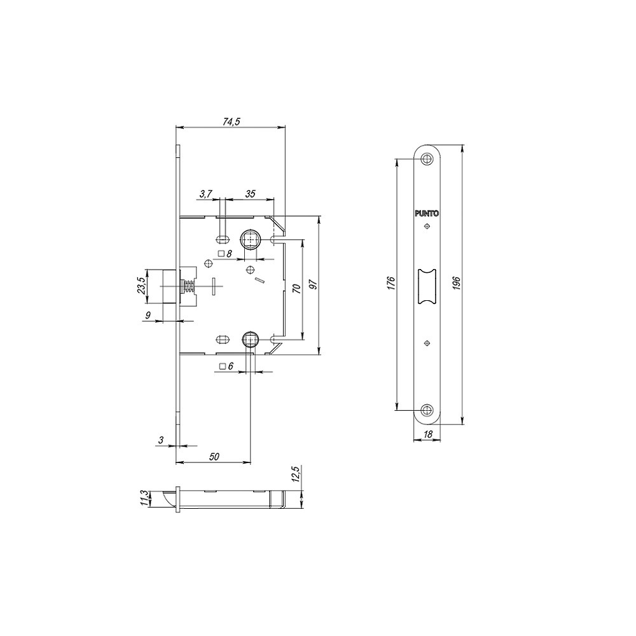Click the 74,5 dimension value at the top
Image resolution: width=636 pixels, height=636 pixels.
[231, 122]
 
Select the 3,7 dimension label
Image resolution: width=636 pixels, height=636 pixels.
[205, 194]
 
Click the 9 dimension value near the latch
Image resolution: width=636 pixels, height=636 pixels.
[148, 315]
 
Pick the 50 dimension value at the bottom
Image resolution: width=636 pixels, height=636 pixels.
[214, 456]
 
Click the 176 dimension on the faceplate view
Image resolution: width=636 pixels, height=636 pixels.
[391, 284]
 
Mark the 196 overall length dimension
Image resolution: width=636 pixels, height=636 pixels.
[457, 284]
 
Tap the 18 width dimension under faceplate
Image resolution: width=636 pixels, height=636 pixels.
[427, 434]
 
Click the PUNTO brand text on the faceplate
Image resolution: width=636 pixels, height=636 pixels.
[427, 214]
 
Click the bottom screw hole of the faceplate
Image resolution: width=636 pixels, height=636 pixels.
[427, 409]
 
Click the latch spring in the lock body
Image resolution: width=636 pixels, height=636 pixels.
[188, 287]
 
